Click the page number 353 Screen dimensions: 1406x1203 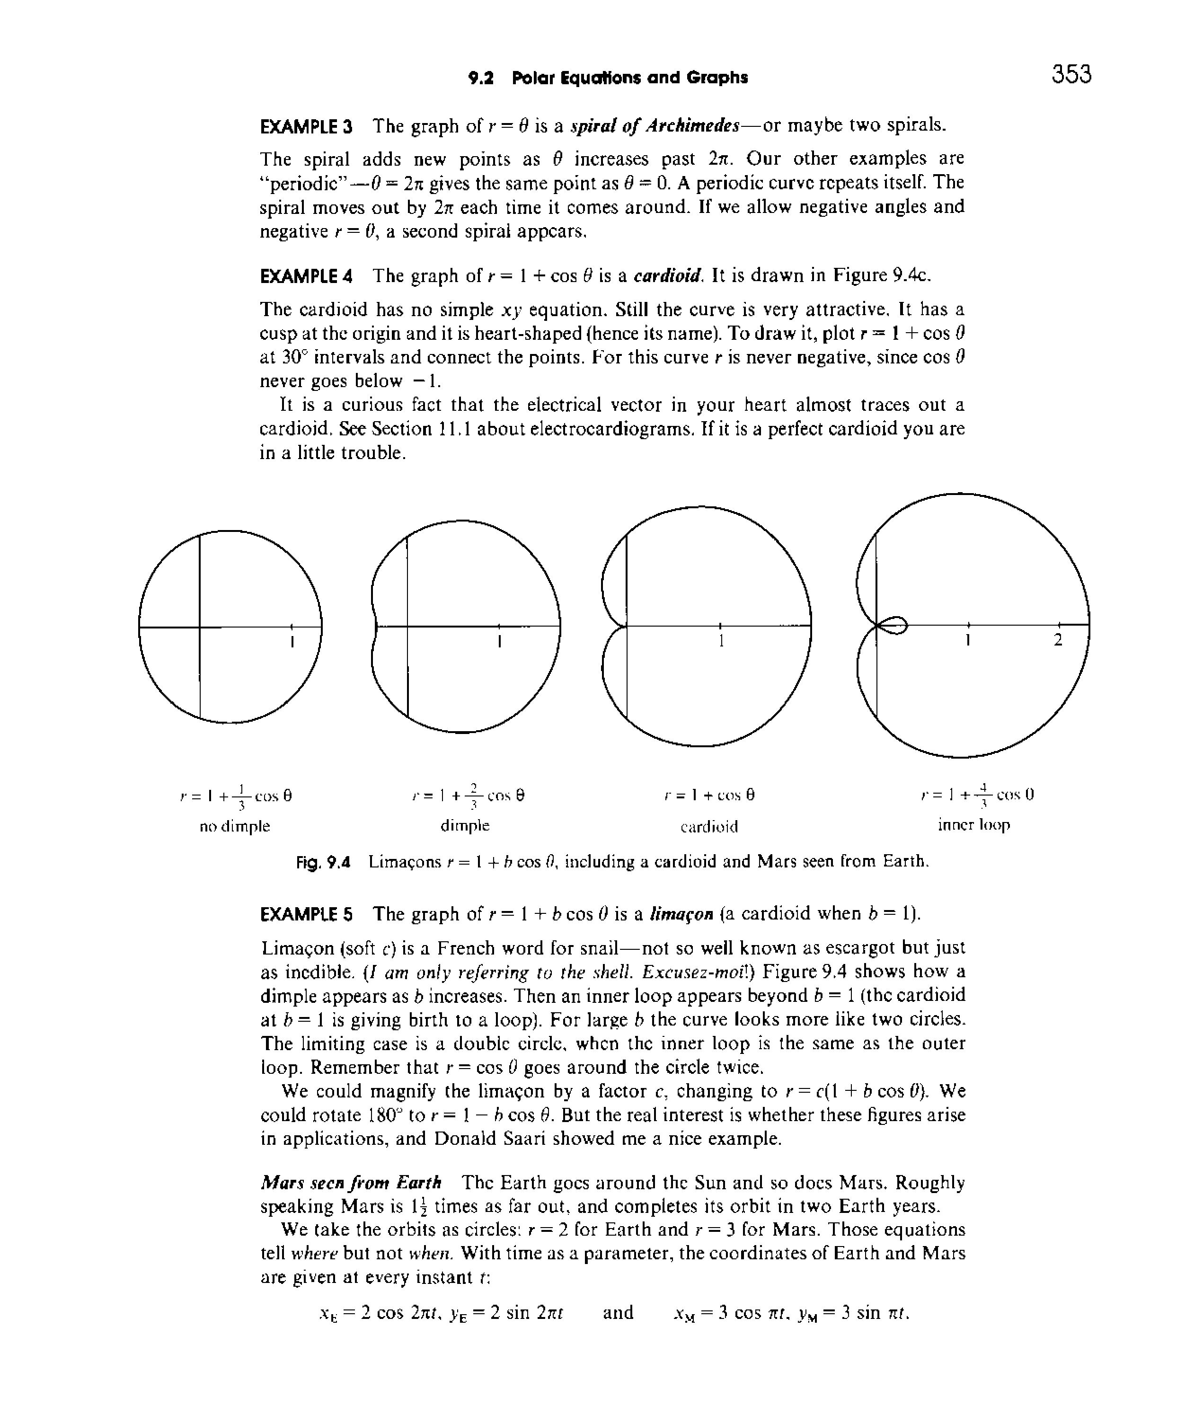[1071, 74]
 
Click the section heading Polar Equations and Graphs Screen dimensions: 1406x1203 [629, 78]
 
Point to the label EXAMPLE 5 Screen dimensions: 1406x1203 [307, 915]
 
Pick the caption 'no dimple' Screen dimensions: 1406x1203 [235, 826]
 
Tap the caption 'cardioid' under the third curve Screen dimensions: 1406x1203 [709, 826]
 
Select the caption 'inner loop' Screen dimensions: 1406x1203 [973, 825]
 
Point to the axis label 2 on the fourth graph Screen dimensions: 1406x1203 [1057, 640]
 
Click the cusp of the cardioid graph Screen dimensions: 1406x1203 [626, 626]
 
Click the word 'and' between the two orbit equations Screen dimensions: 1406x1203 [618, 1312]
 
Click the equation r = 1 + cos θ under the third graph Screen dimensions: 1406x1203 [709, 795]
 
